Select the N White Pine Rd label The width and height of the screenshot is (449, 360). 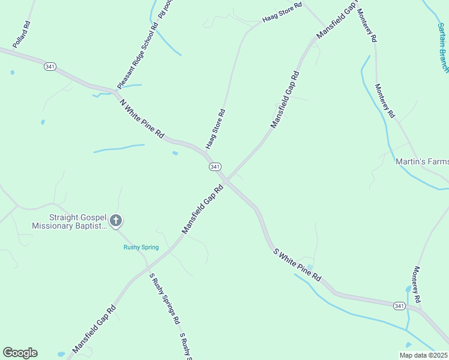pos(142,119)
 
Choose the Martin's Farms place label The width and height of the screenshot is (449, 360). pos(422,161)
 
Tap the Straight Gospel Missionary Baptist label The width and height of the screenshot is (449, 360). pos(70,221)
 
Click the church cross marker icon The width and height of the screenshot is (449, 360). pos(116,221)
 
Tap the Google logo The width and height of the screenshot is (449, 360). pos(20,353)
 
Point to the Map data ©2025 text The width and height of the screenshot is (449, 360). pos(423,355)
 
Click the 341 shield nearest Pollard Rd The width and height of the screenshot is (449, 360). pos(50,67)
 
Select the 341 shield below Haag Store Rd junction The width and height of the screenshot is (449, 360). pos(215,166)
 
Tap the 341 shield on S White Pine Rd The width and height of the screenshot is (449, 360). pos(399,306)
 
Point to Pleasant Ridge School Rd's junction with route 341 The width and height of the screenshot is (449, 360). pos(115,92)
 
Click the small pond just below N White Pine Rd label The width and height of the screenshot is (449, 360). pos(175,154)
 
